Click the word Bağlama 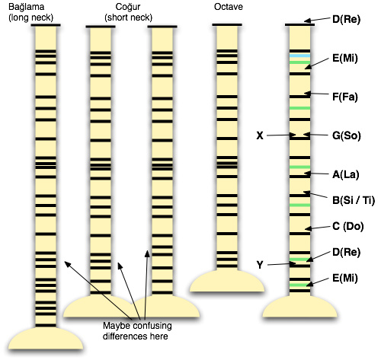click(27, 8)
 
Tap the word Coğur click(128, 7)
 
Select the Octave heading click(229, 7)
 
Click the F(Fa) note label click(345, 97)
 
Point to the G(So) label click(347, 135)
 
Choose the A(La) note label click(346, 174)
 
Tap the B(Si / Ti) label click(354, 200)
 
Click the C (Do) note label click(348, 226)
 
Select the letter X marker click(260, 135)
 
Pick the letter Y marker click(260, 265)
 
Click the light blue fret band click(300, 56)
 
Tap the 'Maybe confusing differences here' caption click(137, 331)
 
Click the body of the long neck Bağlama click(46, 339)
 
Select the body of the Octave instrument click(227, 281)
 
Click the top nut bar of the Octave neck click(227, 24)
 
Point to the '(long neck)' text click(31, 18)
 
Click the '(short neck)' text click(129, 18)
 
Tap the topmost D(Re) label click(346, 20)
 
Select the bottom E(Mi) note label click(345, 279)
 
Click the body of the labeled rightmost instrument click(300, 307)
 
